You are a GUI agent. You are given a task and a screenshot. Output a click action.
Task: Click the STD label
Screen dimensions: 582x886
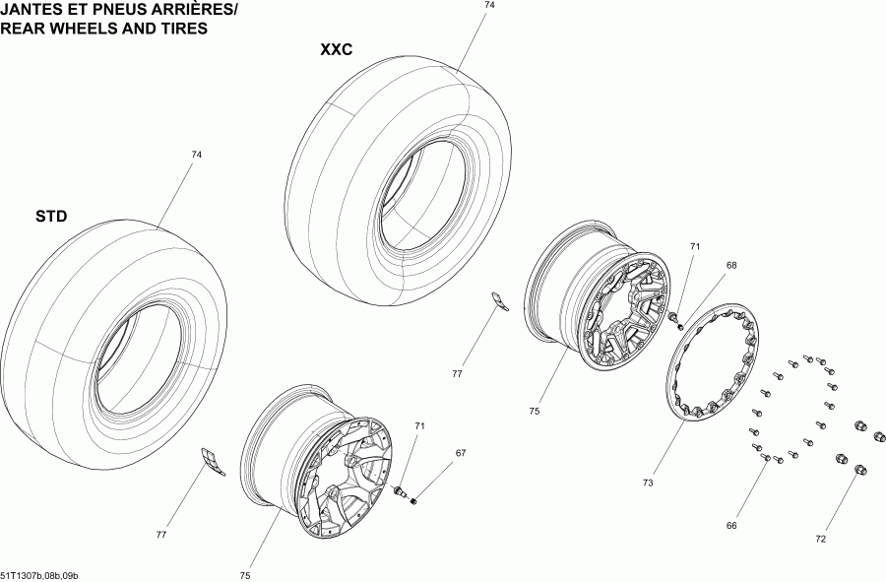(50, 216)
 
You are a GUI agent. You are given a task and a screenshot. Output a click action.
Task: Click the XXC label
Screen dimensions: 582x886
(336, 49)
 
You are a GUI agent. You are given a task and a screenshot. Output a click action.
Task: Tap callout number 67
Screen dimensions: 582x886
(459, 453)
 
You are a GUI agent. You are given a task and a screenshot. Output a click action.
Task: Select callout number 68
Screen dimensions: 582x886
(731, 265)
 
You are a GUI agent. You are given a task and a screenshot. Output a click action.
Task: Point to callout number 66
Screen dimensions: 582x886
(731, 526)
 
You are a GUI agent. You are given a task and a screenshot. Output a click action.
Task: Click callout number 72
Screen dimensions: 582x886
(821, 539)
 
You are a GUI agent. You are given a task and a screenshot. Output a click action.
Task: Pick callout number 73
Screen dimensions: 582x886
(648, 483)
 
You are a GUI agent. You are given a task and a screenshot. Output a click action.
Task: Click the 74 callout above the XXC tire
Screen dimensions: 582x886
(489, 6)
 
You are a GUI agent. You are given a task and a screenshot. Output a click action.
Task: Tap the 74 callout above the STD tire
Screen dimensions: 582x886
(196, 155)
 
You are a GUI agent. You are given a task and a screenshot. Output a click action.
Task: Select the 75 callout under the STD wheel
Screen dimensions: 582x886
(245, 575)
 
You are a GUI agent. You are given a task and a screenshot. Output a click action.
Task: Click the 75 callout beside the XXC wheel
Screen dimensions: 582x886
(535, 412)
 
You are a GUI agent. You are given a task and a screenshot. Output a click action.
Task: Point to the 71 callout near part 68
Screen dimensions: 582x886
(694, 246)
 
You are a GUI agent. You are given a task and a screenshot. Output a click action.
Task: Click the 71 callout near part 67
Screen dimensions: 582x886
(419, 426)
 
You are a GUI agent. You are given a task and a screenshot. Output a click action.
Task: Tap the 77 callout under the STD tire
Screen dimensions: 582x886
(160, 535)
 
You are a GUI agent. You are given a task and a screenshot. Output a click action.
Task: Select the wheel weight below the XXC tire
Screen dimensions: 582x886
(501, 302)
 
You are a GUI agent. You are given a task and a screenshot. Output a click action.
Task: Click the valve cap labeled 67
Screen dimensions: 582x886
(414, 502)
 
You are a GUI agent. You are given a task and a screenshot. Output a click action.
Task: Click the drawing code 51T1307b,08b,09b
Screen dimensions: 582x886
(39, 575)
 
